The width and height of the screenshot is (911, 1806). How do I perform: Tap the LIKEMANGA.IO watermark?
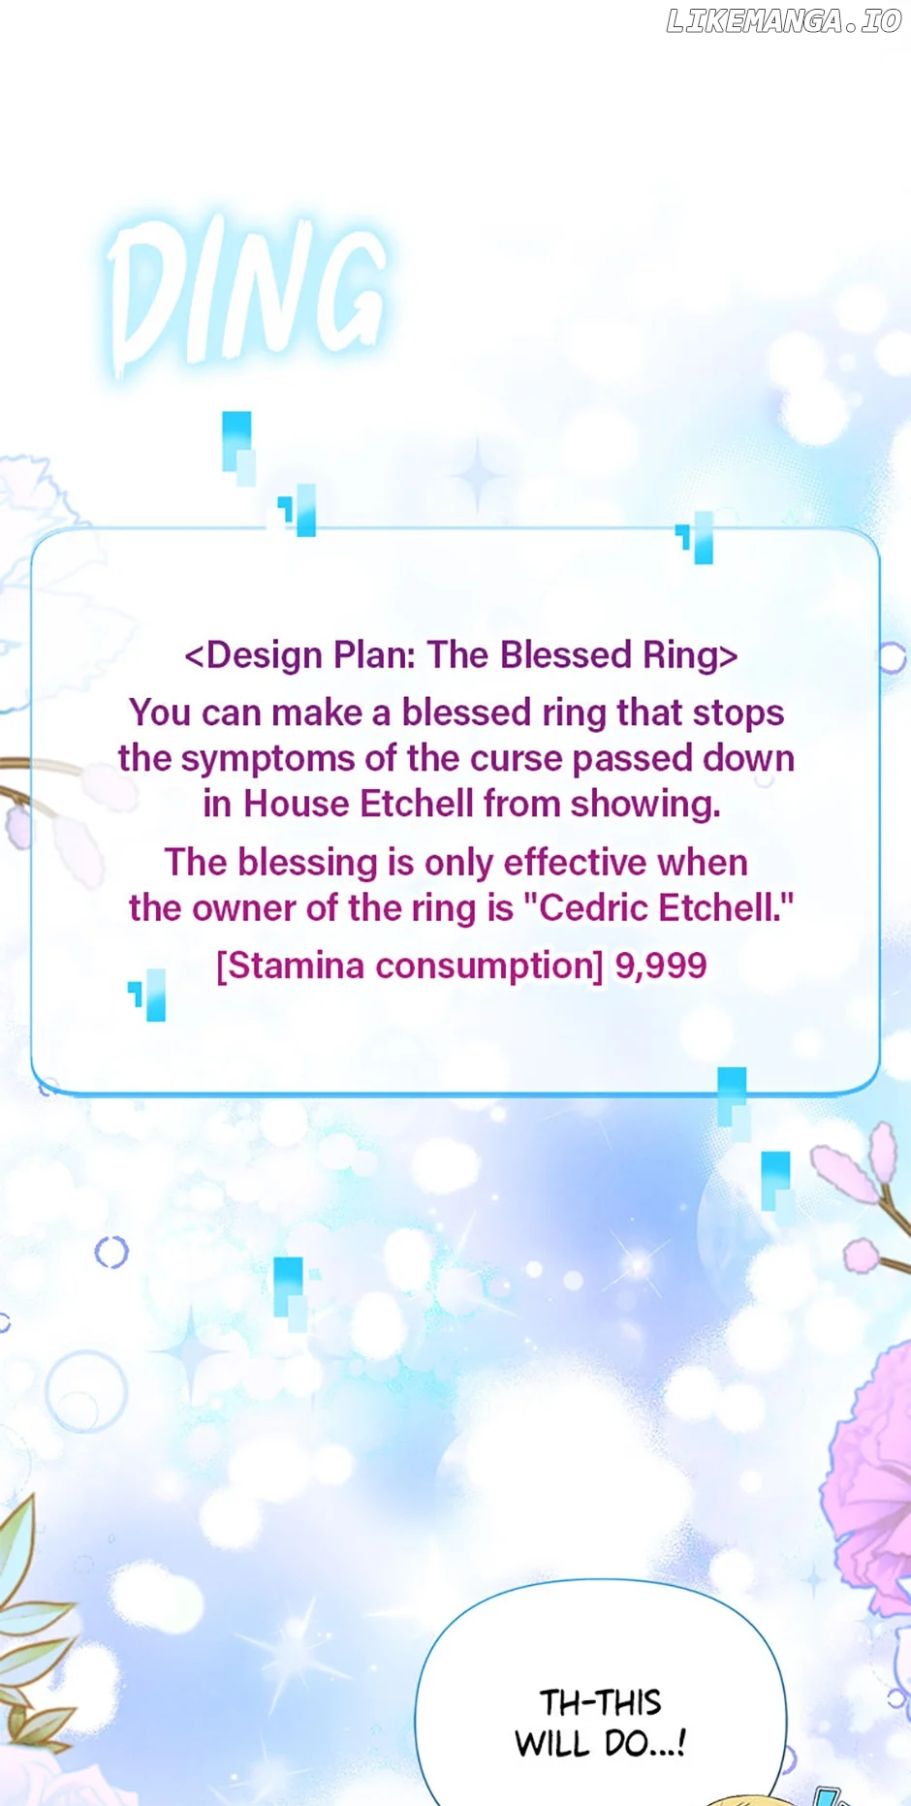(x=784, y=21)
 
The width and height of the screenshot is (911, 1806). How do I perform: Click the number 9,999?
(x=661, y=966)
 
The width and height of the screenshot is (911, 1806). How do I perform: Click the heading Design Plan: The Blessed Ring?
(x=461, y=655)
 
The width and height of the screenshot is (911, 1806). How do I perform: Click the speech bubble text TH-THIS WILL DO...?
(x=601, y=1723)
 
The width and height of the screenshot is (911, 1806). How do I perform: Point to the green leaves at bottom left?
(x=29, y=1629)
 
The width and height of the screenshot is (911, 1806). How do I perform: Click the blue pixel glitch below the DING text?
(x=238, y=448)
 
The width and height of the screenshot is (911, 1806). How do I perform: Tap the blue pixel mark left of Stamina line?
(x=148, y=996)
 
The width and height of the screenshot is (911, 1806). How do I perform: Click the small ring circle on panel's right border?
(x=892, y=657)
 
